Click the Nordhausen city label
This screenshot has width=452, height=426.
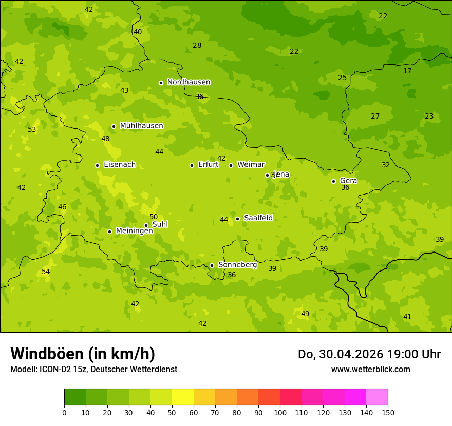(189, 82)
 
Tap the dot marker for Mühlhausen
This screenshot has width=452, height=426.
(114, 126)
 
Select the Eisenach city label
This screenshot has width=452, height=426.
(120, 165)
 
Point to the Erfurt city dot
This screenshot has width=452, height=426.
(192, 165)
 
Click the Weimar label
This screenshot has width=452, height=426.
(251, 165)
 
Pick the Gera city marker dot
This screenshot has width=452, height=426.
(333, 181)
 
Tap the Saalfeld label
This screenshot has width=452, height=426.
(258, 218)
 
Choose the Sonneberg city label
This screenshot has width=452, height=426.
(237, 265)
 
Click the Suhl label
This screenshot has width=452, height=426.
(160, 224)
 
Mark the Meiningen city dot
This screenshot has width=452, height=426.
(109, 231)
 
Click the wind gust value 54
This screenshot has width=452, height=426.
(46, 272)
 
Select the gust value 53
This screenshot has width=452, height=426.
(32, 130)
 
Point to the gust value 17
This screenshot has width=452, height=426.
(407, 71)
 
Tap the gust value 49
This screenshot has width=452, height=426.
(305, 314)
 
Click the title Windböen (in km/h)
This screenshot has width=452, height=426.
(83, 354)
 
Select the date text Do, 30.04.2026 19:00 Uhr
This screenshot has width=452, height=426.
(369, 354)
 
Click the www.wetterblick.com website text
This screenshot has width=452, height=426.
(370, 369)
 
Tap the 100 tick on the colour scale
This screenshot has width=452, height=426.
(280, 412)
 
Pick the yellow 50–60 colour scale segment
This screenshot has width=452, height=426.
(183, 397)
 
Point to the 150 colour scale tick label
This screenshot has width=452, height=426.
(388, 412)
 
